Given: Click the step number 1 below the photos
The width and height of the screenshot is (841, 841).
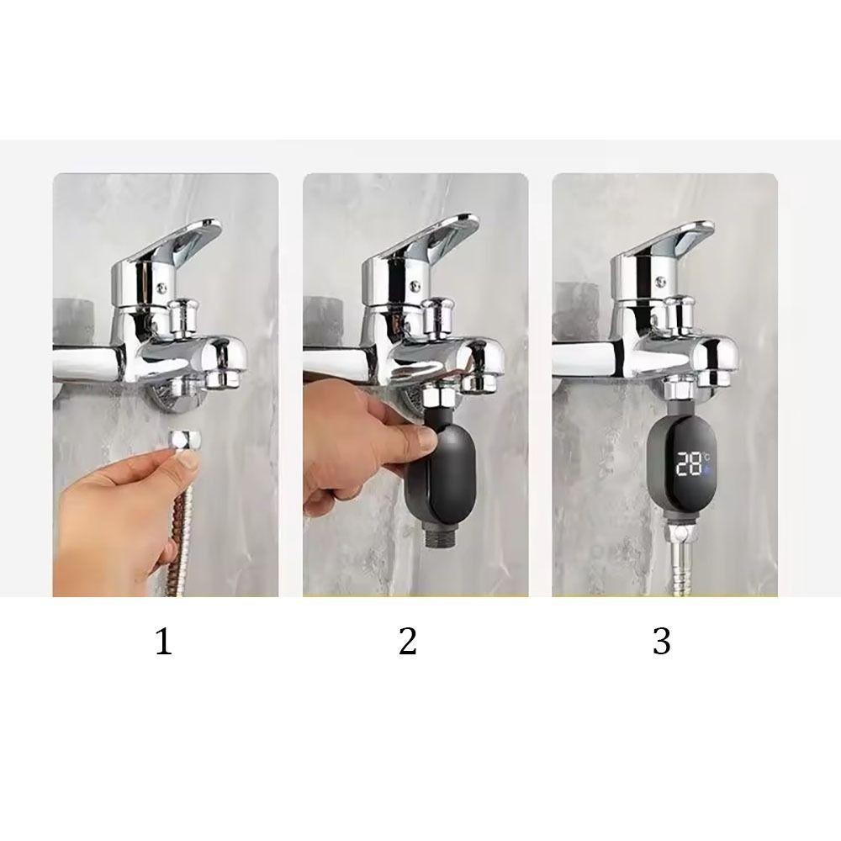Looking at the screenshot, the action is (x=164, y=641).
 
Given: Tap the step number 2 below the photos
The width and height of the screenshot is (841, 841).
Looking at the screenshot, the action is (x=408, y=641).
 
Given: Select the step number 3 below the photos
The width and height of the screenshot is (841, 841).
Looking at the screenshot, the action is (x=661, y=641).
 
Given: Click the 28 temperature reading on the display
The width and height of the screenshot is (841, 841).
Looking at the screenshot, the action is (x=688, y=463).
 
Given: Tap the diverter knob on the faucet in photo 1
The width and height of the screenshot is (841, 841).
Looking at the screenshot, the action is (x=184, y=317).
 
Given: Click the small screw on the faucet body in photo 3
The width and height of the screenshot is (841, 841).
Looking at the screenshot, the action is (x=659, y=282).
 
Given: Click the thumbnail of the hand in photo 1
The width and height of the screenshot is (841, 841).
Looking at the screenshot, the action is (x=188, y=458).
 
